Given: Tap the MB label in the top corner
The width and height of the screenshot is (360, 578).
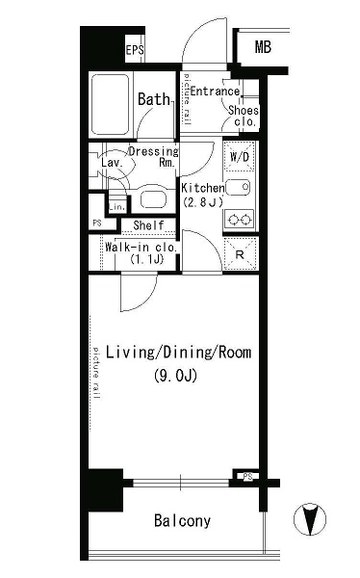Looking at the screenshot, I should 262,47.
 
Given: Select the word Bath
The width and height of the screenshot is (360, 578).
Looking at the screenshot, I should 153,99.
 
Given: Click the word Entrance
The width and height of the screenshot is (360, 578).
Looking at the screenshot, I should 214,92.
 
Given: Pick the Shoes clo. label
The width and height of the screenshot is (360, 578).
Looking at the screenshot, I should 243,116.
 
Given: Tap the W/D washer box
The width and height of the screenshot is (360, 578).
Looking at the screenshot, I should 239,156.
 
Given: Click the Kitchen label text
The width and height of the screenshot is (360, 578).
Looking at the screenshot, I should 202,188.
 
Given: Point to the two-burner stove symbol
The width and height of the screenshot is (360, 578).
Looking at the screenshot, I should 239,220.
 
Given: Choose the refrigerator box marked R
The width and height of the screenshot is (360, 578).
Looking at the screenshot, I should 239,252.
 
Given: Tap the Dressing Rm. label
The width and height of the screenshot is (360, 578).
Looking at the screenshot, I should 154,157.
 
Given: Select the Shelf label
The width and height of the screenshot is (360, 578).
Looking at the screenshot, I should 148,225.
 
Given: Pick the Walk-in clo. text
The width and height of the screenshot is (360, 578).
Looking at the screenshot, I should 141,248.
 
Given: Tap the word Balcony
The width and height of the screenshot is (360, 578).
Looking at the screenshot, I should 181,521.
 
